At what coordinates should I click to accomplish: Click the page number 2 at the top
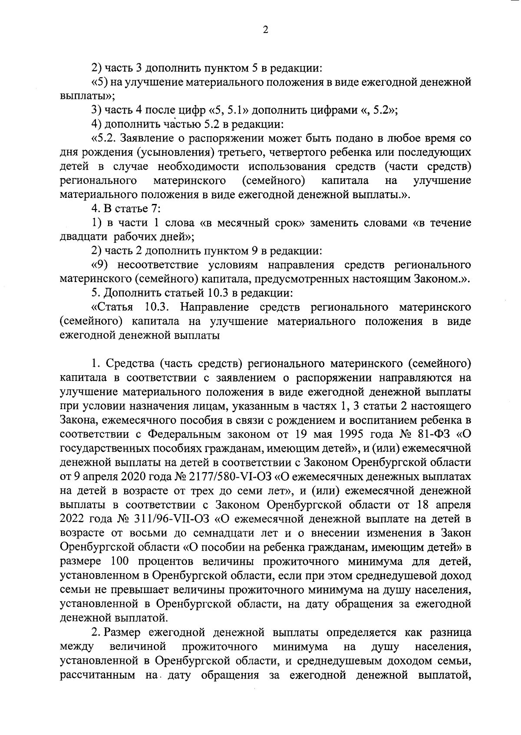[x=266, y=30]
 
